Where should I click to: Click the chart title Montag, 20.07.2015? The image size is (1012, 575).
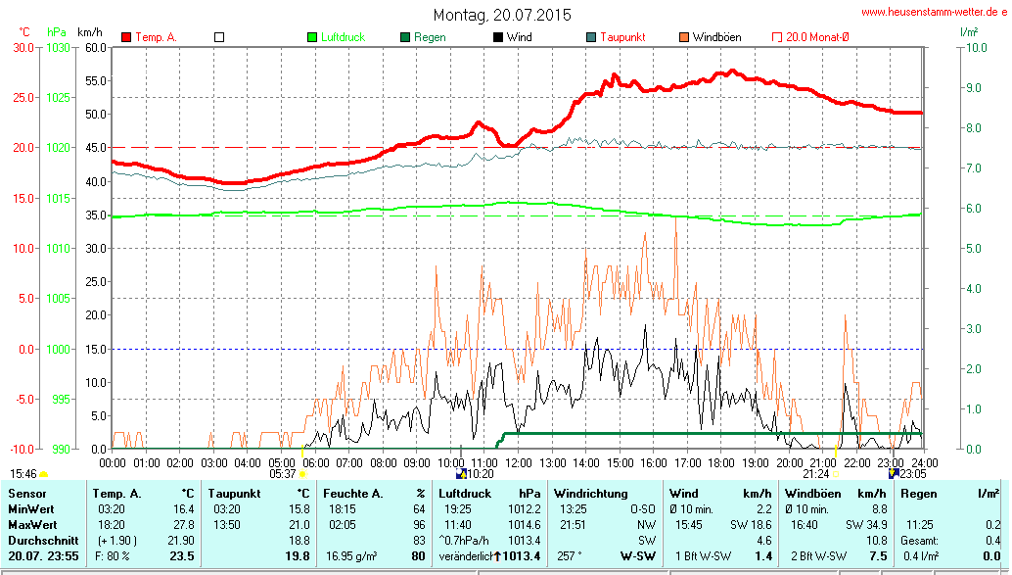(503, 15)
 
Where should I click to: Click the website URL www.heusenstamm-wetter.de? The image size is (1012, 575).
(934, 12)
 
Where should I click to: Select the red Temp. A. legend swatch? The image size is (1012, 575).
(126, 37)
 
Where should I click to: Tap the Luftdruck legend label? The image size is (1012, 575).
(343, 37)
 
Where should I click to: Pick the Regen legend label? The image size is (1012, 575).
(431, 37)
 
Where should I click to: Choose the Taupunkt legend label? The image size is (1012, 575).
(623, 37)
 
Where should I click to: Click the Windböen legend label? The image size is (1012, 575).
(716, 37)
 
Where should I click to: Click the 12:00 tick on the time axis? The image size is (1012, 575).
(518, 462)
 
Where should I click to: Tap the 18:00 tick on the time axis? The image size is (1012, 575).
(721, 462)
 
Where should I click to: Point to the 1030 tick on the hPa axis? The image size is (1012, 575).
(59, 47)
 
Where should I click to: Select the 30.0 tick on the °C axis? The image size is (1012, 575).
(21, 47)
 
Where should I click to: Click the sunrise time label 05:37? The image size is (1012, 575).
(282, 473)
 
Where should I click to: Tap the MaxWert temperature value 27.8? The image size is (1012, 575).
(183, 525)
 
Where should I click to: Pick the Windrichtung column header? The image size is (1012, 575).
(590, 493)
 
